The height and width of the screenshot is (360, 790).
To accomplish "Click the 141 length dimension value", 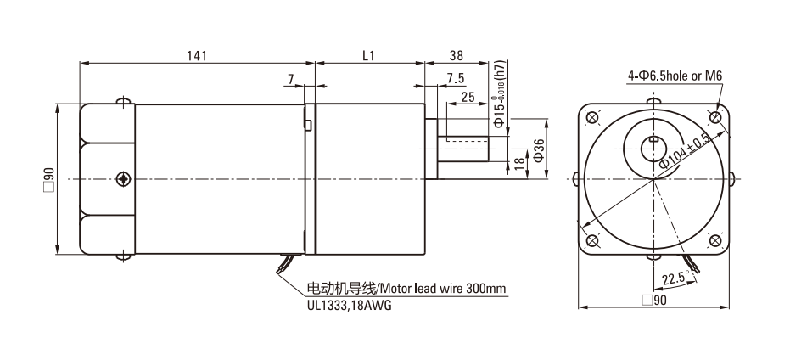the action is coord(197,55).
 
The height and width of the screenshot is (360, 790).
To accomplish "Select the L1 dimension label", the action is coord(369,55).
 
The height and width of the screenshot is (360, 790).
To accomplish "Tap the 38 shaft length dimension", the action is coord(456,55).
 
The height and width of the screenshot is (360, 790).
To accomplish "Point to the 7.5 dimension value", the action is coord(456,78).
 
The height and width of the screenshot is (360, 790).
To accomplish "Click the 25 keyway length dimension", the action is coord(468,97).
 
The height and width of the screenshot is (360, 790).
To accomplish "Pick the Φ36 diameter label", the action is coord(538,149).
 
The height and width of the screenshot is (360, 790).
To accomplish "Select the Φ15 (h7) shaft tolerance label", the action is coord(499,94).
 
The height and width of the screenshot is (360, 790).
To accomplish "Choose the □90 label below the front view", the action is coord(654,301).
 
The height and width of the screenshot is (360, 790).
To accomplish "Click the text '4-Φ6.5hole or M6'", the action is coord(675,76).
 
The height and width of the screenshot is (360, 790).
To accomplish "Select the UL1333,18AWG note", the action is coord(349,305).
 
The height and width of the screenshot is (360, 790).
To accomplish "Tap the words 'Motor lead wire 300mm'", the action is coord(442,289).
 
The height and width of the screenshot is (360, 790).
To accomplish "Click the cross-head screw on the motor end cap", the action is coord(123,178).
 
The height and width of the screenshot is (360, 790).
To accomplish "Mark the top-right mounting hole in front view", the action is coord(715,118).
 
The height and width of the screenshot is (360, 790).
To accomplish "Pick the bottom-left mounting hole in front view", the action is coord(592,240).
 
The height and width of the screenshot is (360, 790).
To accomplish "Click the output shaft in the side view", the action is coord(463,149).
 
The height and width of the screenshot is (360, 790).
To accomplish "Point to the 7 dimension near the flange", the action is coord(291,78).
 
